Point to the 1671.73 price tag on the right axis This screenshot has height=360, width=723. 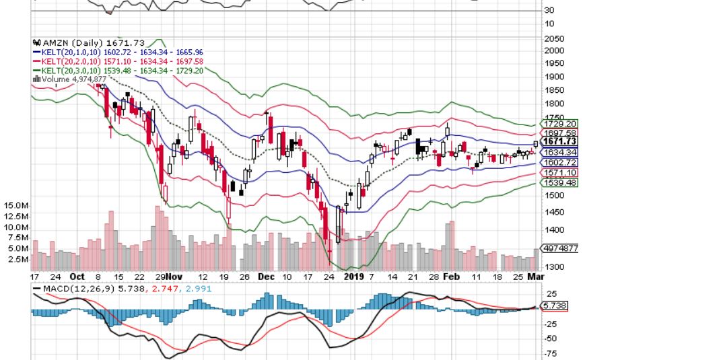click(x=559, y=141)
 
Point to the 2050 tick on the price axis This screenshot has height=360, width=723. click(x=555, y=39)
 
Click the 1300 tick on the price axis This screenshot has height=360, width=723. click(x=555, y=266)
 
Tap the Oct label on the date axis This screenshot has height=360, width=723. click(x=77, y=277)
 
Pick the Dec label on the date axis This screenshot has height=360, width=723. click(x=268, y=277)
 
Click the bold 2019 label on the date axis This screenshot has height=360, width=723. click(x=354, y=277)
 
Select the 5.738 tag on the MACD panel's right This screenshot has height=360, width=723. click(x=557, y=305)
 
